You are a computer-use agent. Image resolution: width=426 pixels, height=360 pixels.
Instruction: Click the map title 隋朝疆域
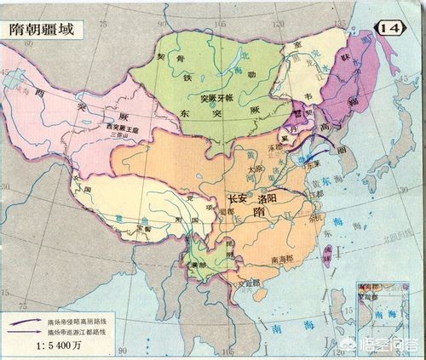46,27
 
